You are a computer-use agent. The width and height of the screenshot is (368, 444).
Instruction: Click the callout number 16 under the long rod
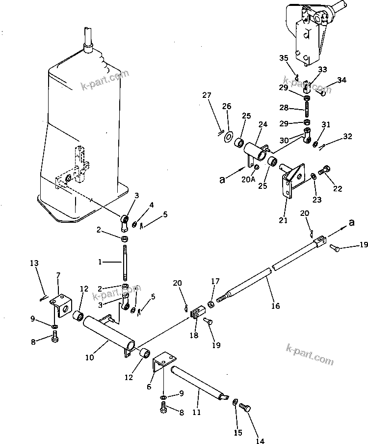(275, 306)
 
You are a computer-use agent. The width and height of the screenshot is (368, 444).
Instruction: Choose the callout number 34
(342, 80)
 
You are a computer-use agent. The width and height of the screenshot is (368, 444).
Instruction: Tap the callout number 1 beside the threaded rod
(100, 263)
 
